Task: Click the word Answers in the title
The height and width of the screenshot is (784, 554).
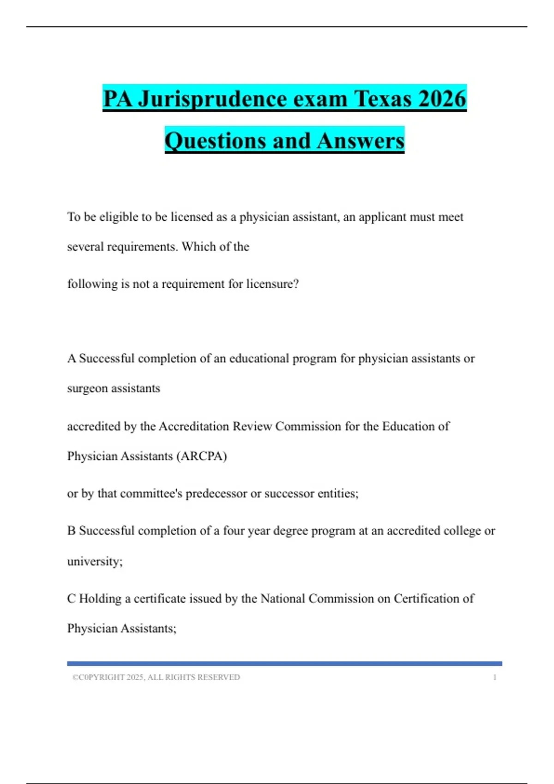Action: point(361,141)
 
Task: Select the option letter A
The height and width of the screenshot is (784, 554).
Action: point(72,358)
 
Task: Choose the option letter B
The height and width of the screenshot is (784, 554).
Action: point(72,531)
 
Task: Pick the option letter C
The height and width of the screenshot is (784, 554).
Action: point(72,599)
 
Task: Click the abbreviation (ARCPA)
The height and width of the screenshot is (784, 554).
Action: point(202,456)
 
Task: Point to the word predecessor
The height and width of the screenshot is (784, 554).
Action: point(216,493)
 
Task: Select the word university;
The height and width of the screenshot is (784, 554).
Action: point(95,561)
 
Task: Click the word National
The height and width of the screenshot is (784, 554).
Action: point(283,599)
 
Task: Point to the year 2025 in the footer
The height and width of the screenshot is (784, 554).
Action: point(135,677)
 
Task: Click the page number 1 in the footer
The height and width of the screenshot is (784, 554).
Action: point(494,677)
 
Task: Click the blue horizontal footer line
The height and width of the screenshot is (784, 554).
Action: point(284,664)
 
